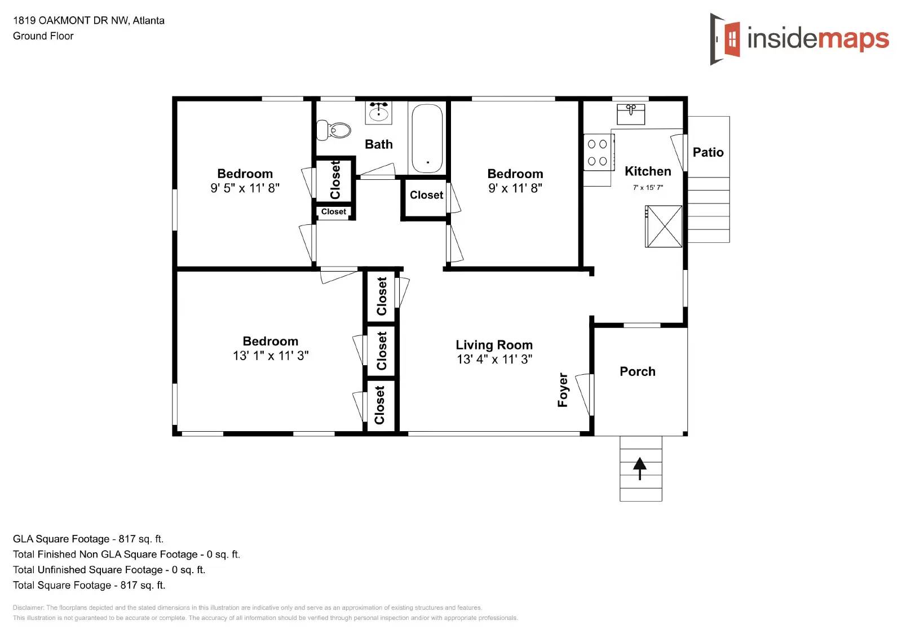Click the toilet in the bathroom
pos(334,130)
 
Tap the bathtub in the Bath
pos(427,139)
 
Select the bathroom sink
pos(378,112)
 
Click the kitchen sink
pos(631,114)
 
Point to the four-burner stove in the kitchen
pos(598,152)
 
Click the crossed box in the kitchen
pos(664,227)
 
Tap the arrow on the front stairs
pos(640,468)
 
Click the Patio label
pos(708,152)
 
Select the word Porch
pos(638,371)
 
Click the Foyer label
pos(563,389)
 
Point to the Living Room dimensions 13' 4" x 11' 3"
pos(494,360)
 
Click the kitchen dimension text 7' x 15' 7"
pos(648,188)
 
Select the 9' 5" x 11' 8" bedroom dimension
pos(245,188)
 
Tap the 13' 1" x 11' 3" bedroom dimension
pos(271,356)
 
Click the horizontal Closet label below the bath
pos(426,195)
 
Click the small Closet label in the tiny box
pos(334,212)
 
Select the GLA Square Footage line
pos(88,539)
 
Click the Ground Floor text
pos(43,36)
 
